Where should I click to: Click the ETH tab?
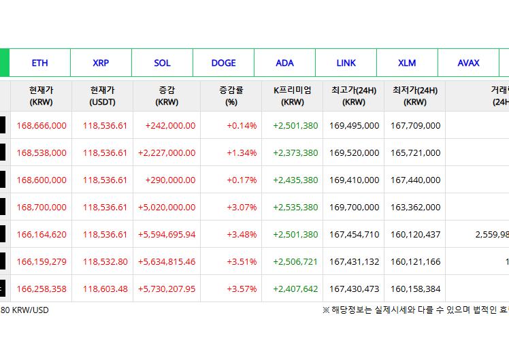coord(39,63)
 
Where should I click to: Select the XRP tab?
coord(101,63)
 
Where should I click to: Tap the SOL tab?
coord(162,63)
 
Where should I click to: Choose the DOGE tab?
coord(223,63)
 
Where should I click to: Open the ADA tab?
coord(284,63)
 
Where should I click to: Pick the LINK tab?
coord(346,63)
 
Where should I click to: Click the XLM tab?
coord(407,63)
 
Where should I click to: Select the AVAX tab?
coord(468,63)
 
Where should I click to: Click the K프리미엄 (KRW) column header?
coord(293,96)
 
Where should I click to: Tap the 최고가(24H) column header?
coord(354,96)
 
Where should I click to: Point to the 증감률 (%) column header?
coord(231,96)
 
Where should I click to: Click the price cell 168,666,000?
coord(42,125)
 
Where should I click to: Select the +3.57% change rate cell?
coord(242,289)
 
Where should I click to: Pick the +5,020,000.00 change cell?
coord(167,207)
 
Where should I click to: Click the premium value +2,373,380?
coord(295,152)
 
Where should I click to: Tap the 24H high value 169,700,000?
coord(354,207)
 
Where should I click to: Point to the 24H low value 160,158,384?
coord(415,289)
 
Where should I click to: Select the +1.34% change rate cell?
coord(242,152)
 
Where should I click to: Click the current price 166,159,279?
coord(42,261)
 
